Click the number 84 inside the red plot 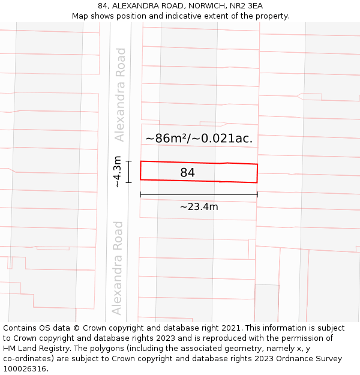pyautogui.click(x=187, y=173)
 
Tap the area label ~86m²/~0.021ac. pyautogui.click(x=199, y=139)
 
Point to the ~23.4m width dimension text pyautogui.click(x=199, y=207)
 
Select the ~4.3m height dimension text pyautogui.click(x=118, y=171)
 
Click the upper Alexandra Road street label pyautogui.click(x=121, y=95)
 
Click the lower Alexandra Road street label pyautogui.click(x=118, y=268)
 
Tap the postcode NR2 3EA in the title pyautogui.click(x=246, y=6)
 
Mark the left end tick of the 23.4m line pyautogui.click(x=140, y=194)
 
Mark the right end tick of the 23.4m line pyautogui.click(x=257, y=194)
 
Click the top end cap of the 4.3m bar pyautogui.click(x=128, y=161)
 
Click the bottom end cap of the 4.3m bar pyautogui.click(x=128, y=182)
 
